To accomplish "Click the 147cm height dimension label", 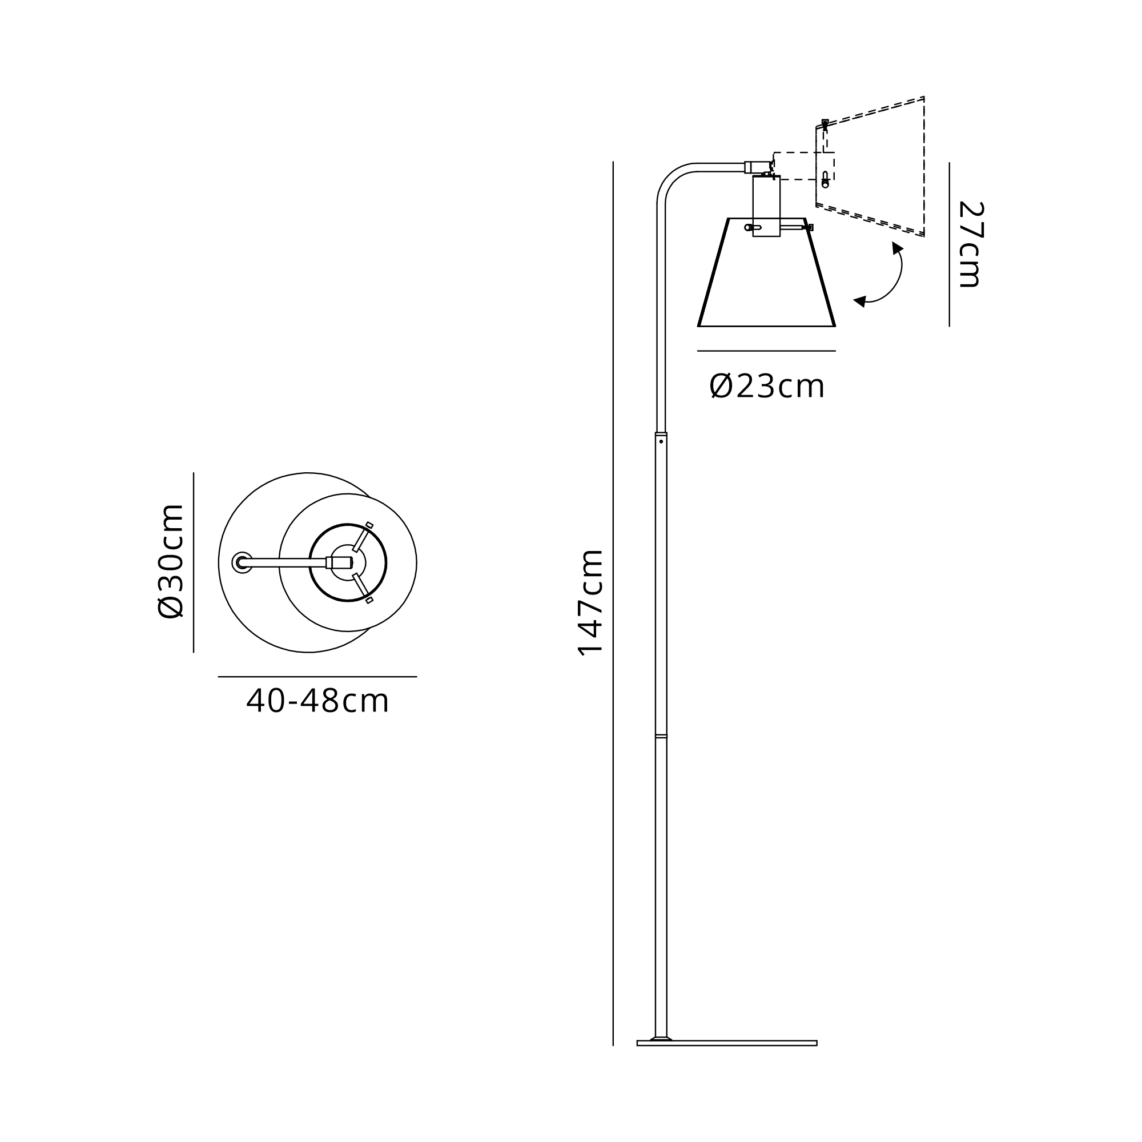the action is [x=590, y=603].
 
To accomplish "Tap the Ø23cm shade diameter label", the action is [x=767, y=387].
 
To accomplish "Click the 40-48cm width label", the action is [x=317, y=701].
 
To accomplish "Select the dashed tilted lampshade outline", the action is [x=870, y=167].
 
